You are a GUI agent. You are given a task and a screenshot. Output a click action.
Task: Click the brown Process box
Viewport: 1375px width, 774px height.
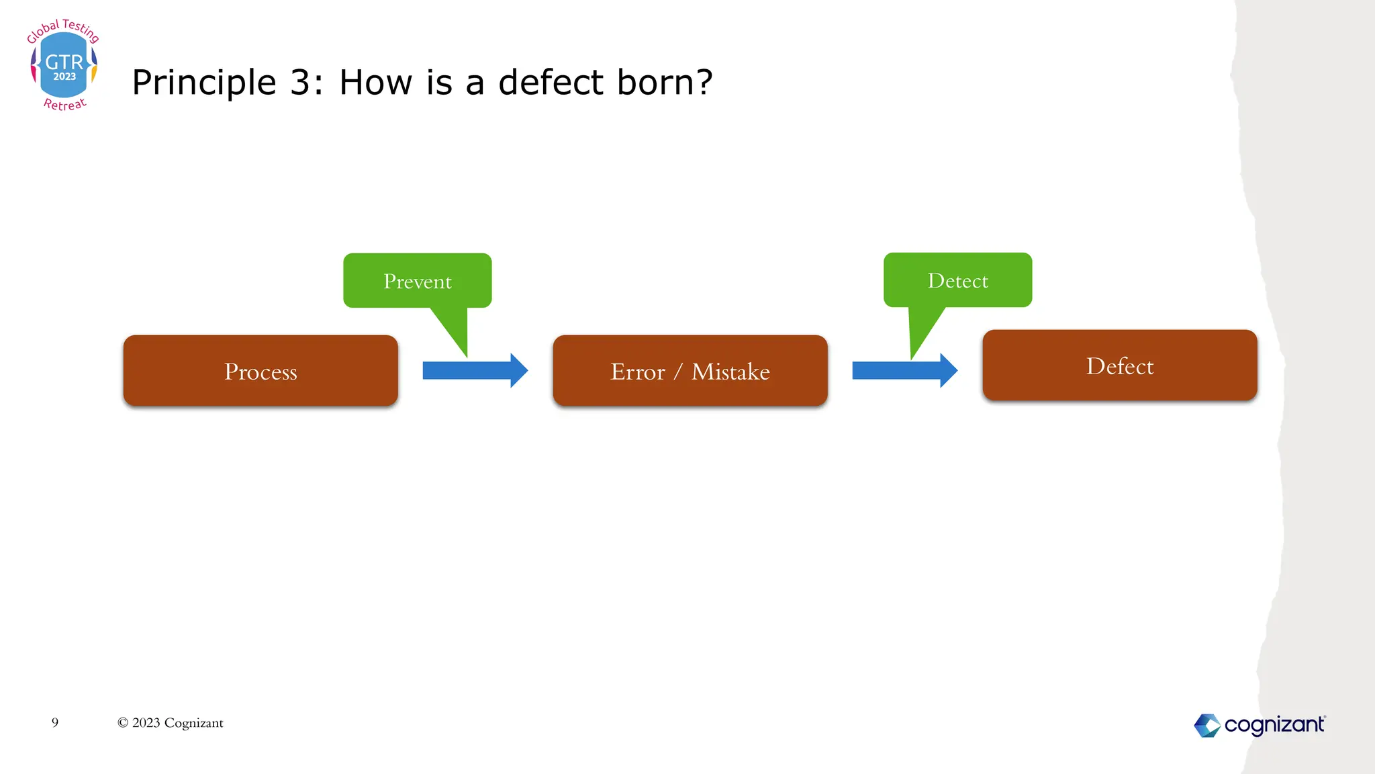coord(260,370)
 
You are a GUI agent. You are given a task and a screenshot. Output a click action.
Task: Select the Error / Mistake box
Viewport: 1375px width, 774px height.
coord(690,370)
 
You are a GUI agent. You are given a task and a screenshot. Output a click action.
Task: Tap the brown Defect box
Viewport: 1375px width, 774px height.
coord(1119,365)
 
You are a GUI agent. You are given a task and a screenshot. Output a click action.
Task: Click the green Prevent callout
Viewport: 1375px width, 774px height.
coord(417,280)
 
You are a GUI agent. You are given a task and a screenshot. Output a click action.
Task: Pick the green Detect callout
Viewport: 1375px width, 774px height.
coord(957,279)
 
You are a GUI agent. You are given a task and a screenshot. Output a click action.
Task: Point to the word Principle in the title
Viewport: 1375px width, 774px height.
coord(203,83)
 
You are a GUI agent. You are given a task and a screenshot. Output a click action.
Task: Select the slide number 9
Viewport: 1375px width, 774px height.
coord(55,722)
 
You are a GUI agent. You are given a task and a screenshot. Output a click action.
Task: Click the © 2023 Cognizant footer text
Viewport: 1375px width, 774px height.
coord(171,723)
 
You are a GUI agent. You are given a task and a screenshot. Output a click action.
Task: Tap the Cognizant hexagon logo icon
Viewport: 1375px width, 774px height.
coord(1206,725)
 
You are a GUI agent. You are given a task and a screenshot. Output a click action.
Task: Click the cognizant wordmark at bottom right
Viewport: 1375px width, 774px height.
coord(1274,725)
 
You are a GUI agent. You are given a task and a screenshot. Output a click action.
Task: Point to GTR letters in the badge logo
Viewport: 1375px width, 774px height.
coord(64,62)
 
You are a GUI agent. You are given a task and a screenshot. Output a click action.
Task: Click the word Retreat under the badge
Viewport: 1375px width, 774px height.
coord(65,104)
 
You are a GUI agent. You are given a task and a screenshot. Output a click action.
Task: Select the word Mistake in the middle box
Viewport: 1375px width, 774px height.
coord(730,372)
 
